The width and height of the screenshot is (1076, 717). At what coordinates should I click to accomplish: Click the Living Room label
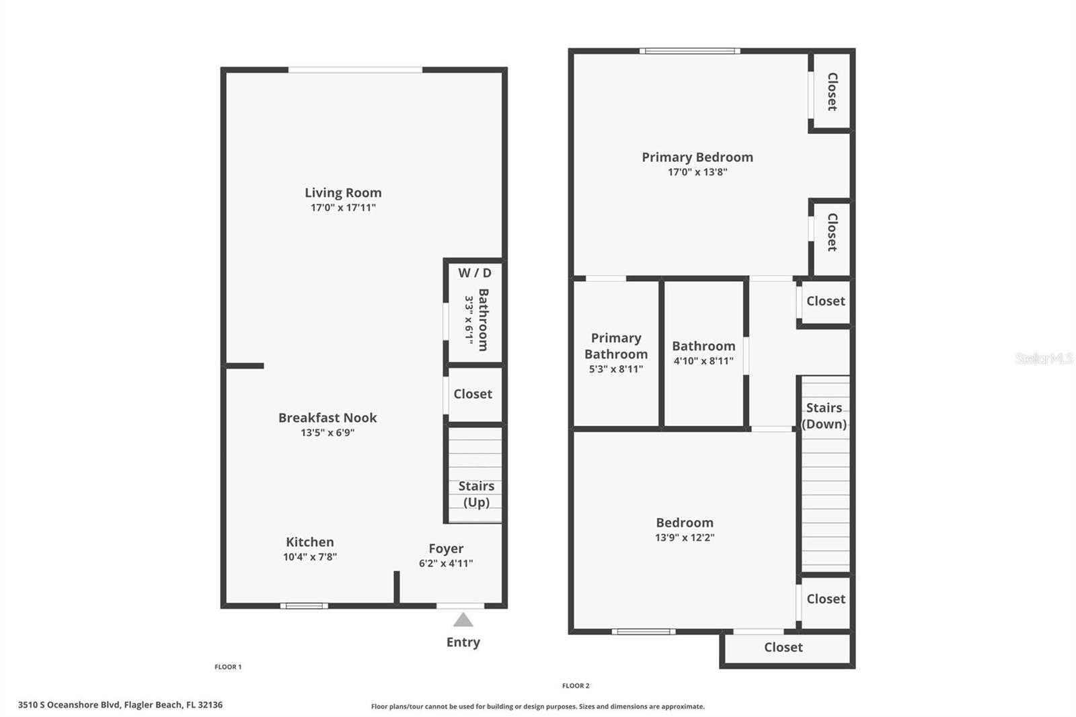tap(343, 193)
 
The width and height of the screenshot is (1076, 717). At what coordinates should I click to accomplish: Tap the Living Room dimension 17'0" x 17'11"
tap(343, 208)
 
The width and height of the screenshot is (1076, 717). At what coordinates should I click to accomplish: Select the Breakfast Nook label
tap(328, 418)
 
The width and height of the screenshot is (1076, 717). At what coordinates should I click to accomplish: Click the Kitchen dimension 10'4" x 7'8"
tap(310, 557)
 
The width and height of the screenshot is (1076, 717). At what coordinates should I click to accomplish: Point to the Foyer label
tap(447, 549)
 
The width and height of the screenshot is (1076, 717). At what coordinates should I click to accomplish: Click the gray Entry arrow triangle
tap(463, 619)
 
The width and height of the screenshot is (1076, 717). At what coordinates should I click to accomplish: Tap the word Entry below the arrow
tap(463, 642)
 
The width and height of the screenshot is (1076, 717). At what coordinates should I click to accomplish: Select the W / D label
tap(475, 273)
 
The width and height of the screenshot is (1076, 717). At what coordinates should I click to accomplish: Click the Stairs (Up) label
tap(476, 494)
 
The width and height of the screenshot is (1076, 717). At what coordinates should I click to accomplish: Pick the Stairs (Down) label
tap(824, 416)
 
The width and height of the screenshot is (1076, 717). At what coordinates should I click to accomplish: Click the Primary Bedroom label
tap(697, 157)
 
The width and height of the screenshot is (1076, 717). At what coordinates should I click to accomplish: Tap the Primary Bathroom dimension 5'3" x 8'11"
tap(616, 369)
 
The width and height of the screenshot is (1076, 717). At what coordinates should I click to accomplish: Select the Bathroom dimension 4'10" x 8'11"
tap(703, 361)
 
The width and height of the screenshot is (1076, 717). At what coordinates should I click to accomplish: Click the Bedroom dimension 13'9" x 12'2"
tap(685, 537)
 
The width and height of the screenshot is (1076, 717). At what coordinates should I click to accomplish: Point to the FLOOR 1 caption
tap(228, 667)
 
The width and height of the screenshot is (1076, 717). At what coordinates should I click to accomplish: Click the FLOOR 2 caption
tap(576, 686)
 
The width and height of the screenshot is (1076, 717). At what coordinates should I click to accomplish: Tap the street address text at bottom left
tap(120, 705)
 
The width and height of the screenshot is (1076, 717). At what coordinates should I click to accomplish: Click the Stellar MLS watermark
tap(1045, 358)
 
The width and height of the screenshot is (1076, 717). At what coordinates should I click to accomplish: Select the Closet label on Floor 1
tap(473, 394)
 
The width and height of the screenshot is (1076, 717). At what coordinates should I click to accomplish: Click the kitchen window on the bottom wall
tap(304, 606)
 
